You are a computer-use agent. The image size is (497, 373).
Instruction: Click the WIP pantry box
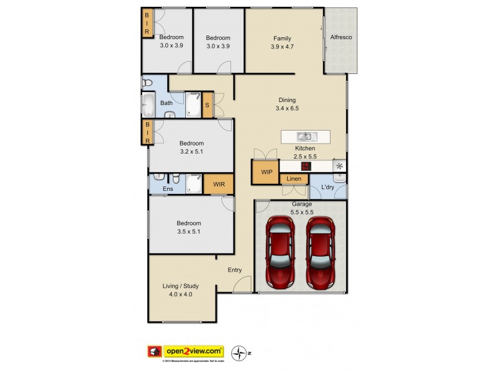pyautogui.click(x=265, y=172)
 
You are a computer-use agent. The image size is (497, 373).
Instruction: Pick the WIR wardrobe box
pyautogui.click(x=219, y=184)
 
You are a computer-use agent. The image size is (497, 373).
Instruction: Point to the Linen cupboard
pyautogui.click(x=294, y=180)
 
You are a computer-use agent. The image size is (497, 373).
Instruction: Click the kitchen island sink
pyautogui.click(x=305, y=136)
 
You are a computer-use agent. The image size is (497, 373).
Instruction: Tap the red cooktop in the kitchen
pyautogui.click(x=305, y=166)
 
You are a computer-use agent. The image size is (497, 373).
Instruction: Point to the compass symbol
pyautogui.click(x=238, y=352)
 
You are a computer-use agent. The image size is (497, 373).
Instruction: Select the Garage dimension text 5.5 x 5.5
pyautogui.click(x=302, y=213)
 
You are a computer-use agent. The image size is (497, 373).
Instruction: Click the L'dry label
pyautogui.click(x=329, y=187)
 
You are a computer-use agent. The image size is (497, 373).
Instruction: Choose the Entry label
pyautogui.click(x=235, y=269)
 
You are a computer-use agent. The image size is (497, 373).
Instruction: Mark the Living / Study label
pyautogui.click(x=181, y=286)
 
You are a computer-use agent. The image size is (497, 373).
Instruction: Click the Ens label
pyautogui.click(x=168, y=188)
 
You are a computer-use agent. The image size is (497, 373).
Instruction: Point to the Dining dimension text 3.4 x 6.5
pyautogui.click(x=287, y=108)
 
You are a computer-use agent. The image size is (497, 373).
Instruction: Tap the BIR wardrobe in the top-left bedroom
pyautogui.click(x=147, y=24)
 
